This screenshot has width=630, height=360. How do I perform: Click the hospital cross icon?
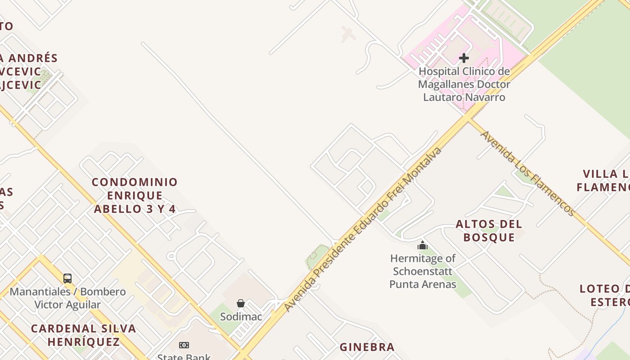click(x=464, y=58)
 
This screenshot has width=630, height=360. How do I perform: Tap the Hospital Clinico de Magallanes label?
click(x=464, y=84)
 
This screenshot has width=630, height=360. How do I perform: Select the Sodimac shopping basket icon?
click(x=241, y=304)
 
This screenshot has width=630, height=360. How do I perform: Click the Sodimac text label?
click(x=241, y=316)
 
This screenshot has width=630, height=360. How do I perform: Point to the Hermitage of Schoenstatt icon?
click(x=423, y=245)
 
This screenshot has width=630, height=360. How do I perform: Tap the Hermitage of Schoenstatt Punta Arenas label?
click(x=423, y=271)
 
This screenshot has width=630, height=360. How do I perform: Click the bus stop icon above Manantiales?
click(x=67, y=279)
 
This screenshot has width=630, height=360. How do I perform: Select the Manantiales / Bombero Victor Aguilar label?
click(x=67, y=298)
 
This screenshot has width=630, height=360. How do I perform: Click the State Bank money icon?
click(x=184, y=345)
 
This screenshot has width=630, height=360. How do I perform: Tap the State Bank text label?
click(x=184, y=357)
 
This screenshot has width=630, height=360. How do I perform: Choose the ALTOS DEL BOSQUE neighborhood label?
click(x=489, y=230)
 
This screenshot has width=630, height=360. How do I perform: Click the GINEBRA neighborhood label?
click(x=367, y=347)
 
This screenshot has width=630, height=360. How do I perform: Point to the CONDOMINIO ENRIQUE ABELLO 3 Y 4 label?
click(x=135, y=195)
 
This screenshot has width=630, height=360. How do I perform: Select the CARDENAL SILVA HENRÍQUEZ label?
click(x=83, y=335)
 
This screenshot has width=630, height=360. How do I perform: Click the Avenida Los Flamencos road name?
click(x=528, y=174)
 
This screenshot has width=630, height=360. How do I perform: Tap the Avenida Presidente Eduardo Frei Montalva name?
click(x=363, y=229)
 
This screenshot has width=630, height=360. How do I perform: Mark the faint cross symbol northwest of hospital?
click(x=347, y=34)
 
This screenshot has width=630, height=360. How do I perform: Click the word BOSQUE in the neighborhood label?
click(x=489, y=237)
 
